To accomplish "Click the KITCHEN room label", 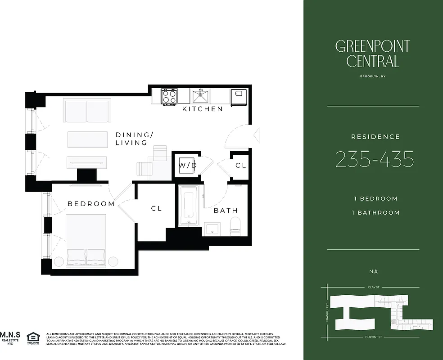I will point(202,109).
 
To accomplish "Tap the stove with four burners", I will point(169,96).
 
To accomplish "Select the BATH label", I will point(225,211).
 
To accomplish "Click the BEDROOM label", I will point(91,204).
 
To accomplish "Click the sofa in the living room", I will point(86,111).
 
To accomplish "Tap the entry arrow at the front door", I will point(257,134).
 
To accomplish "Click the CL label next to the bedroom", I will point(156,208).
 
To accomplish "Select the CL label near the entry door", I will point(241,166).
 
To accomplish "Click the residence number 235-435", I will point(375,159).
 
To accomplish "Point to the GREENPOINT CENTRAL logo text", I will point(373,53).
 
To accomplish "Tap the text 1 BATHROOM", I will point(376,212).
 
